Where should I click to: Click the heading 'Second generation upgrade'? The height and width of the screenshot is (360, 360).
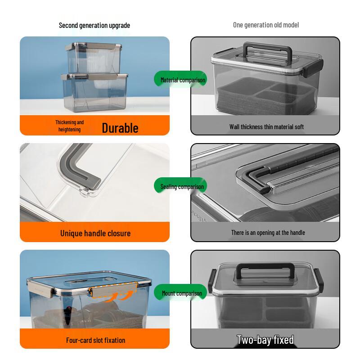tap(94, 25)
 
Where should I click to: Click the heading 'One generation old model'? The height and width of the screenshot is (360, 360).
tap(266, 25)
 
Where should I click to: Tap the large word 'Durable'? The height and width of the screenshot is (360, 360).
tap(120, 128)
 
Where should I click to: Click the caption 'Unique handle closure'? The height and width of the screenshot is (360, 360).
tap(95, 233)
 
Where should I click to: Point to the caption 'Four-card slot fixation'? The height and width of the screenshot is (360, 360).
tap(95, 340)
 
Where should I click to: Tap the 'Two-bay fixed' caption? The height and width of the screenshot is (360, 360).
tap(265, 340)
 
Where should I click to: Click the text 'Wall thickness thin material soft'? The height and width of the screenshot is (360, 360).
tap(266, 127)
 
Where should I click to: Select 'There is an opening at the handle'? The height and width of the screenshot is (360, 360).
tap(268, 233)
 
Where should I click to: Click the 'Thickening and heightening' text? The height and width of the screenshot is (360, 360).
tap(69, 126)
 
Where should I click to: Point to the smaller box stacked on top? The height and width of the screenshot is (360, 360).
tap(94, 58)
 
